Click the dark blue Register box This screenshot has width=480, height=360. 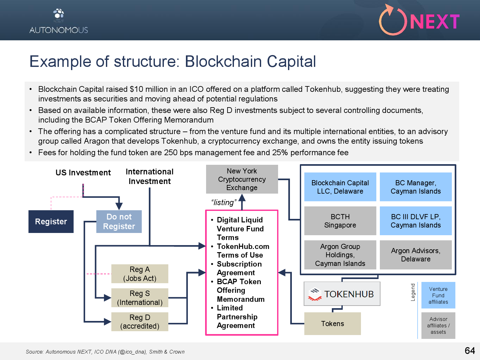point(51,221)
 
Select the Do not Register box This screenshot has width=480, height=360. point(119,221)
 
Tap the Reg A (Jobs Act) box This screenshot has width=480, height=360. point(140,274)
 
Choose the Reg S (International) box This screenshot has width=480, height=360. point(140,298)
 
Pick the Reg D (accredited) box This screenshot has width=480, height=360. point(140,322)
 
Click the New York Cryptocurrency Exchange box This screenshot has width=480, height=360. point(242,179)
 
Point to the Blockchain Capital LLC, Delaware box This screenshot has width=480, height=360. point(340,187)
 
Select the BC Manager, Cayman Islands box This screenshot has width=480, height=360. point(416,187)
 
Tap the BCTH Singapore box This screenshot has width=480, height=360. point(340,221)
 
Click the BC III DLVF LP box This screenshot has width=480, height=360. point(416,221)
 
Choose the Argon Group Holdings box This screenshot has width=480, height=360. point(340,255)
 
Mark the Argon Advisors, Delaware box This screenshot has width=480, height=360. point(416,255)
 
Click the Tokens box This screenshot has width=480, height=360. point(332,324)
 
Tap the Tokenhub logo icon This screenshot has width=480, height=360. point(315,294)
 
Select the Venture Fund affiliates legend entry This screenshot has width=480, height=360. point(438,295)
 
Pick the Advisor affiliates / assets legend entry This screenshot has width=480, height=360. point(438,325)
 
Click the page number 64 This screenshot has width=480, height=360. point(469,351)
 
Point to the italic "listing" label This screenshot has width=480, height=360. point(224,203)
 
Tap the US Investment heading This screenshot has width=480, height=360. point(83,173)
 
